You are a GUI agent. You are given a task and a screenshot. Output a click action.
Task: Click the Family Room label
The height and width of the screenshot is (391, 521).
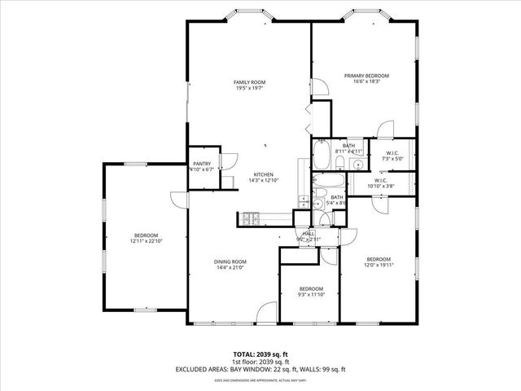250,82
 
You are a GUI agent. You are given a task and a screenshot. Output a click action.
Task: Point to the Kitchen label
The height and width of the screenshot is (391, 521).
262,175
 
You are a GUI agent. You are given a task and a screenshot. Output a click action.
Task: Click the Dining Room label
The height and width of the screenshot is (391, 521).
230,261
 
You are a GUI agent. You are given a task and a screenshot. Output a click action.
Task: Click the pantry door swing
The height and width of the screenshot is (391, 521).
230,160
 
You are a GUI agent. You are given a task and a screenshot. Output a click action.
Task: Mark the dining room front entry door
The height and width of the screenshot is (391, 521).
265,315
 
